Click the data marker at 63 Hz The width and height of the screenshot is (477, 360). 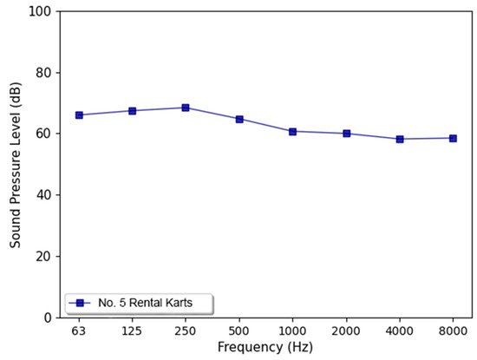[79, 115]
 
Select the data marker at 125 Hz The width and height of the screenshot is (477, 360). [133, 110]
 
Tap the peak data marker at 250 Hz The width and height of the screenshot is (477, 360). [186, 108]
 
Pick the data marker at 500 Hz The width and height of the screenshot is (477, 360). [239, 119]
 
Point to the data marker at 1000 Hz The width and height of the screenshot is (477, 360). [293, 131]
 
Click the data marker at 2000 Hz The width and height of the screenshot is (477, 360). [347, 134]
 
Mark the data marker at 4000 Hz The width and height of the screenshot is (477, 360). [400, 139]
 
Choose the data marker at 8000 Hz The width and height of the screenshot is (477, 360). [453, 138]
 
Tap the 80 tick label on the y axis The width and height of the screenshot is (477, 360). [41, 73]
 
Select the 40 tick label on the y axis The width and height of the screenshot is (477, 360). [41, 195]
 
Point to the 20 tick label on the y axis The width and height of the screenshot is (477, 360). [41, 257]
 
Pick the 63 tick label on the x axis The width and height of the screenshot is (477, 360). [79, 331]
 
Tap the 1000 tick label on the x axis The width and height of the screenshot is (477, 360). [293, 331]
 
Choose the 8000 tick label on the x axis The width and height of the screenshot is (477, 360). [453, 331]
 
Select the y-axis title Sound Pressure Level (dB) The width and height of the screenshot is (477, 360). [15, 164]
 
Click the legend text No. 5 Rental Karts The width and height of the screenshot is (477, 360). [147, 303]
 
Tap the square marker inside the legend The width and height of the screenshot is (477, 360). [80, 303]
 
